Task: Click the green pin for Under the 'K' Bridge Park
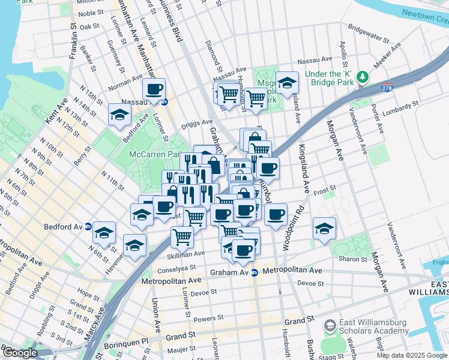click(x=362, y=77)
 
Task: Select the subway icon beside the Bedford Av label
click(x=88, y=227)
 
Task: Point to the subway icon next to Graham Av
click(x=255, y=272)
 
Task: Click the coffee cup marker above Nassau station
click(x=154, y=90)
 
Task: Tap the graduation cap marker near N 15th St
click(x=119, y=115)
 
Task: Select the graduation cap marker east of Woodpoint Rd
click(x=324, y=229)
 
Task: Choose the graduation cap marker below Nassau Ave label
click(x=288, y=83)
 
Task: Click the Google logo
click(x=20, y=353)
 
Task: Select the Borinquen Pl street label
click(x=125, y=341)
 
